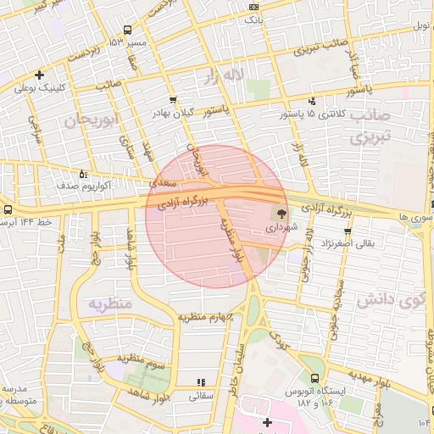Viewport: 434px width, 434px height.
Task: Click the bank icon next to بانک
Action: tap(253, 7)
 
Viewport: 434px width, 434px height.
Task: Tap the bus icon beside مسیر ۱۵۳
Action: tap(127, 30)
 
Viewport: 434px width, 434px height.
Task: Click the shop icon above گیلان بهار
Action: tap(173, 99)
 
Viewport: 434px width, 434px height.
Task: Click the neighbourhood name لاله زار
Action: tap(223, 76)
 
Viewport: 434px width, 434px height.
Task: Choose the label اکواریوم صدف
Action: tap(56, 184)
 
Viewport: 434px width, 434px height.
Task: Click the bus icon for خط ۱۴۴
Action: tap(8, 210)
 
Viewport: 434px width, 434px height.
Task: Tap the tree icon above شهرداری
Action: tap(281, 213)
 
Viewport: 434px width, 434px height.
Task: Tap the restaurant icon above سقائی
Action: tap(201, 382)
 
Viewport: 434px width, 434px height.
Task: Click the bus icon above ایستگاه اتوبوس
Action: tap(316, 378)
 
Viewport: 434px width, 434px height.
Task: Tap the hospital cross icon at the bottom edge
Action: tap(268, 422)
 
